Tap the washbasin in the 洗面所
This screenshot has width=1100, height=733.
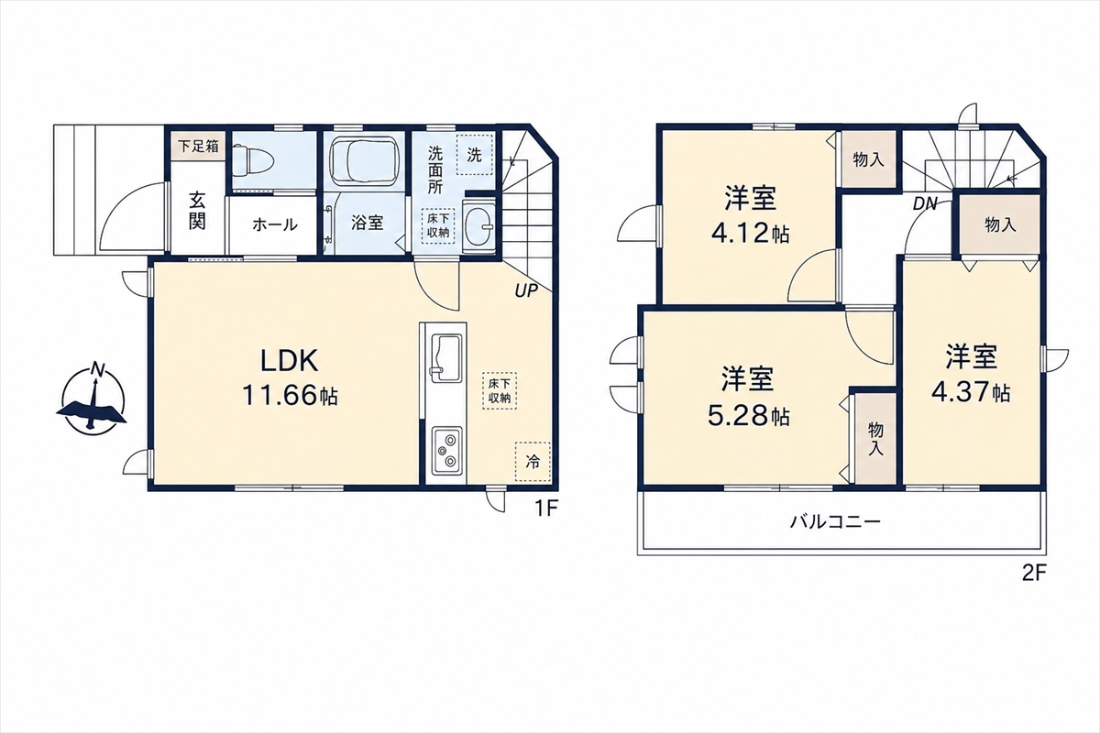(479, 225)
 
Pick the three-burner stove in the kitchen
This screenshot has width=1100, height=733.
(447, 451)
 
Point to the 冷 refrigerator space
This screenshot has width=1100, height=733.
(533, 462)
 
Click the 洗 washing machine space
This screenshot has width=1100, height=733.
(474, 155)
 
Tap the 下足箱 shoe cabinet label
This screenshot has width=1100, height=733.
(198, 146)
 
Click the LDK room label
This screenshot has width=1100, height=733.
(290, 361)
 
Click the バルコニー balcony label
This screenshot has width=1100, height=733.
(835, 521)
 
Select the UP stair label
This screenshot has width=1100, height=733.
(526, 291)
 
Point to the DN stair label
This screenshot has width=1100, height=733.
(926, 203)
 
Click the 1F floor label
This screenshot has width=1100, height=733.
(546, 509)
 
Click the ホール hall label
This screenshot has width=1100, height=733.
(275, 224)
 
